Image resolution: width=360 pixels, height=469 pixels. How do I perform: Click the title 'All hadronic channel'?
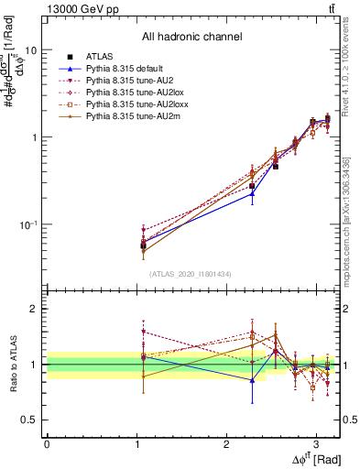(x=191, y=38)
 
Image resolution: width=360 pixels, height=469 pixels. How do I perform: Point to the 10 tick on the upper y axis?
(x=30, y=50)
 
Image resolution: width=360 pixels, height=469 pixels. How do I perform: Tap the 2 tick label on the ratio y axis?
(x=33, y=310)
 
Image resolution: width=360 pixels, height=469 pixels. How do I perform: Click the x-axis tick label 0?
(x=47, y=442)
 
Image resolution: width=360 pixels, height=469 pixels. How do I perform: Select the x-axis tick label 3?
(x=316, y=442)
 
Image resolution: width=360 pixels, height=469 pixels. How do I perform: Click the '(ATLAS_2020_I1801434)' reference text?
(x=191, y=274)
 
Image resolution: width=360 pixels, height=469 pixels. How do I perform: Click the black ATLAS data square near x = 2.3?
(x=253, y=186)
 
